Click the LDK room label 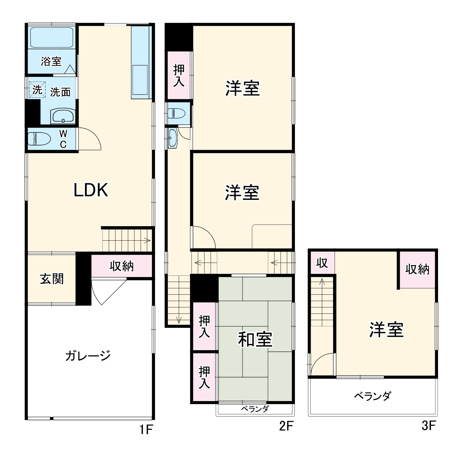click(x=91, y=190)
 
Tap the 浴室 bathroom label click(x=51, y=61)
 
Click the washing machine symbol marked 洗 click(x=37, y=90)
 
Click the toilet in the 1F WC click(x=39, y=139)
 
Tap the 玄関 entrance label click(x=52, y=279)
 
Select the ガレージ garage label click(x=88, y=355)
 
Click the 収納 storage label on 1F click(x=121, y=266)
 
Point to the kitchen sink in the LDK click(x=140, y=80)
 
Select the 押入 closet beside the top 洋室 click(x=179, y=75)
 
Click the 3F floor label click(x=429, y=426)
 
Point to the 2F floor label click(x=286, y=426)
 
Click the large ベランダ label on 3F click(x=372, y=396)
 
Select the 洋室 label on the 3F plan click(x=386, y=329)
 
